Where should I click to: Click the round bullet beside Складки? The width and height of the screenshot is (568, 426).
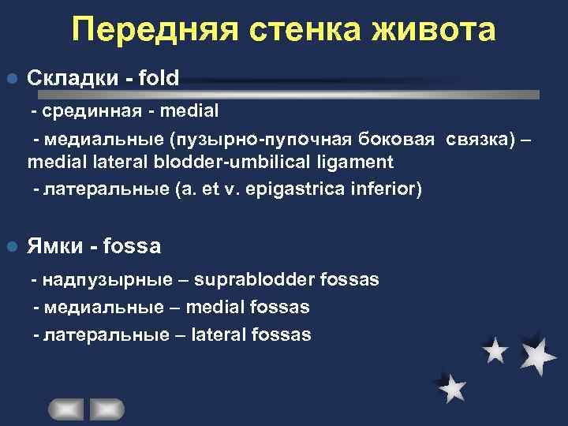11,79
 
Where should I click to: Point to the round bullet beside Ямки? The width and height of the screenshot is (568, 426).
11,247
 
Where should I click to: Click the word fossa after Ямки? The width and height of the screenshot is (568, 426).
131,247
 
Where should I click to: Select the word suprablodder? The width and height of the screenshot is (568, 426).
246,279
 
